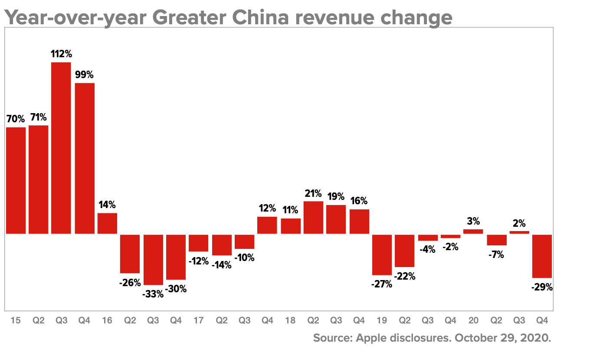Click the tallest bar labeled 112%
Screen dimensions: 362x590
coord(61,148)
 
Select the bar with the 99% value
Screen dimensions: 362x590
coord(85,158)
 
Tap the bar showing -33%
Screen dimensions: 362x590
coord(153,259)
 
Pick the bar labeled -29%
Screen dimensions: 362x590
coord(542,256)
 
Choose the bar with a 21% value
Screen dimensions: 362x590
coord(313,217)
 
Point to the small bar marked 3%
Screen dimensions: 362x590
coord(473,232)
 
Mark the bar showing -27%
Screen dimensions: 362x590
coord(382,254)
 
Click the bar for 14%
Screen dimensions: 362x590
coord(107,223)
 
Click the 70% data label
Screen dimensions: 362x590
coord(16,118)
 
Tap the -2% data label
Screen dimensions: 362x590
coord(450,247)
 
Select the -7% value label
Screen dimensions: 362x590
coord(496,255)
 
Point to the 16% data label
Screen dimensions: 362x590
coord(359,201)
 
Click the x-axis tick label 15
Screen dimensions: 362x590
coord(16,320)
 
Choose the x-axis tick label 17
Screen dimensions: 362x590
coord(198,320)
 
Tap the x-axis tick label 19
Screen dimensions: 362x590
coord(382,320)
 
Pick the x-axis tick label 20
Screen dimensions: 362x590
coord(473,320)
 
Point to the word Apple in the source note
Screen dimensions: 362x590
coord(370,338)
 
